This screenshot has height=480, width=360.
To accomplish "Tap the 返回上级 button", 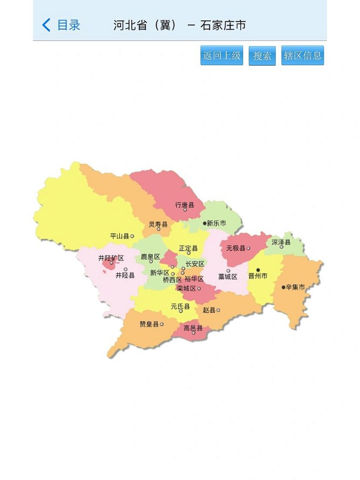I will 222,55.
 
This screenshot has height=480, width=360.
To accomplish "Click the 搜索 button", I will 262,56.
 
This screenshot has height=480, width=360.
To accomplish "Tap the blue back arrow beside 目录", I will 46,25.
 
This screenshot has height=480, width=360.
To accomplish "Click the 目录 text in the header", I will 69,25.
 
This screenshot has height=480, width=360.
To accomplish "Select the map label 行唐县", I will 184,205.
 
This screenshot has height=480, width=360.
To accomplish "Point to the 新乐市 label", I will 216,223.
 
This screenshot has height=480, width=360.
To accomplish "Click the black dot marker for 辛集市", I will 283,287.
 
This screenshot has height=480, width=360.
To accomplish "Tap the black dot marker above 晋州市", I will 258,270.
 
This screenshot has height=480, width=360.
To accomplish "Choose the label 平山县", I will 120,236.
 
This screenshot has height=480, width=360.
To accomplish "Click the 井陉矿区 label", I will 111,258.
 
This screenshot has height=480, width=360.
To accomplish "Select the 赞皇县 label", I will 149,324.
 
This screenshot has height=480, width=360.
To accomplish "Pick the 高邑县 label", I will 193,328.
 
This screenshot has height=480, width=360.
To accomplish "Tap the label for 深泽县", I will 281,242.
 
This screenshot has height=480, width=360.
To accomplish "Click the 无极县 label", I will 235,248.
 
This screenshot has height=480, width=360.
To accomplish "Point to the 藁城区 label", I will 228,277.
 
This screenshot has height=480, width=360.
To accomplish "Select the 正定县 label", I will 188,248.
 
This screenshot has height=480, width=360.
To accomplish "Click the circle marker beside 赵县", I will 218,310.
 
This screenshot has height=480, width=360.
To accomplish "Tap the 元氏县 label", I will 180,306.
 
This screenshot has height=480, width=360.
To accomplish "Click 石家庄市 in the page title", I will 223,25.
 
